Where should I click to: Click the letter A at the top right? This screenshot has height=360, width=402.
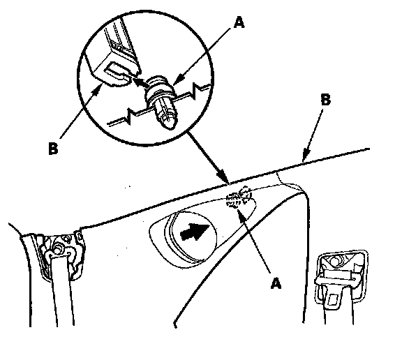[x=239, y=22]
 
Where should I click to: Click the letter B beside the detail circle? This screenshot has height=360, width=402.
[x=53, y=149]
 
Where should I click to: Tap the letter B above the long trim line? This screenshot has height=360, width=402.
[x=325, y=100]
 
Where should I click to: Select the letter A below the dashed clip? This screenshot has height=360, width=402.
[x=276, y=283]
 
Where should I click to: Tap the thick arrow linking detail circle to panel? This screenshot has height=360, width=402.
[x=208, y=158]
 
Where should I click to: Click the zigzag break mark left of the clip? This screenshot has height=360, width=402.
[x=129, y=116]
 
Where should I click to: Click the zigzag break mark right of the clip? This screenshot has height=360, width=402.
[x=195, y=91]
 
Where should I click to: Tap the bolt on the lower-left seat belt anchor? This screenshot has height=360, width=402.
[x=57, y=249]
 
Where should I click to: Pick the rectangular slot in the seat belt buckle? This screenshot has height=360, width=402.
[x=333, y=299]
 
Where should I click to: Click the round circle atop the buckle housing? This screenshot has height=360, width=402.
[x=335, y=262]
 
